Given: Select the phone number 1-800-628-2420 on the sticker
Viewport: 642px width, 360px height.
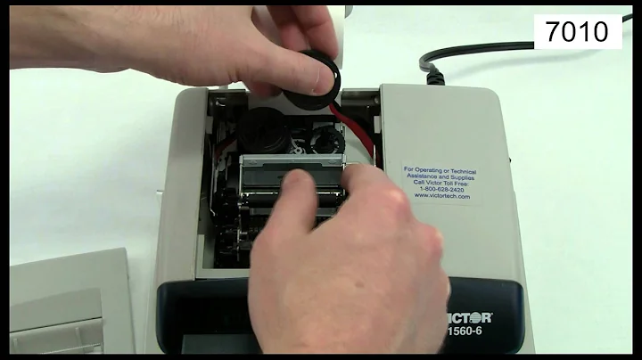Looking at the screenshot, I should coord(438,189).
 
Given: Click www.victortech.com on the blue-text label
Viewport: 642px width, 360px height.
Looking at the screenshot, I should coord(438,196).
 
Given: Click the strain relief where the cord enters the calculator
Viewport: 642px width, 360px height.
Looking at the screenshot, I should coord(435,76).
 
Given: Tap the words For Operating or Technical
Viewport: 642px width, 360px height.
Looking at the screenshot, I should coord(438,168).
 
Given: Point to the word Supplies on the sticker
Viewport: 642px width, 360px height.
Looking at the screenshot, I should coord(465,175).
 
